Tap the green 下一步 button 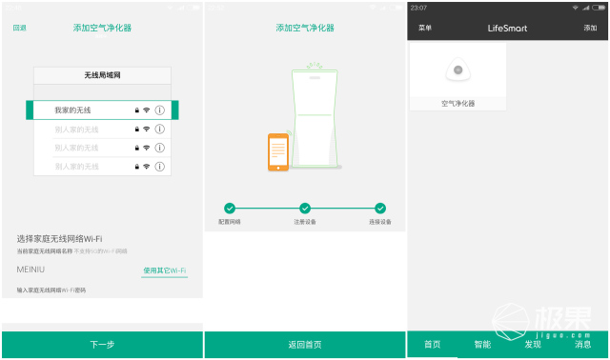pos(102,345)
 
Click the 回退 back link pos(19,28)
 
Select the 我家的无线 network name pos(72,110)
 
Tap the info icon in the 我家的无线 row pos(160,110)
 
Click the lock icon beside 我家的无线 pos(137,110)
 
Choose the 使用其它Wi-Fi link pos(164,271)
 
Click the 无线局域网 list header pos(102,74)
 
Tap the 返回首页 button pos(305,345)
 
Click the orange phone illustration pos(278,151)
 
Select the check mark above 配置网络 pos(230,208)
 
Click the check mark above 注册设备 pos(305,208)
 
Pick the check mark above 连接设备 pos(380,208)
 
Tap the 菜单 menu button pos(425,28)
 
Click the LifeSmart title pos(507,29)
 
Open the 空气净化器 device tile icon pos(457,70)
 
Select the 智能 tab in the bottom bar pos(482,344)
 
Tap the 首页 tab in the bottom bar pos(432,344)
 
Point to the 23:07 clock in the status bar pos(419,8)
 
